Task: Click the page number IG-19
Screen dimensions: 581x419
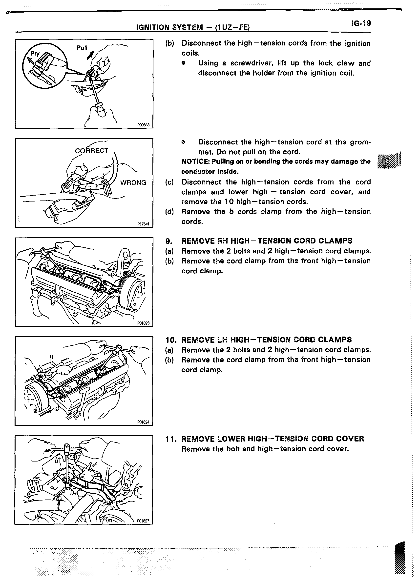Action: [x=361, y=23]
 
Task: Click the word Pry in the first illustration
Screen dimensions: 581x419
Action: [x=35, y=54]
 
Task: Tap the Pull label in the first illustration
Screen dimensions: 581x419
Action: [x=82, y=48]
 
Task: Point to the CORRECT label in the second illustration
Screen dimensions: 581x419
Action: [x=91, y=151]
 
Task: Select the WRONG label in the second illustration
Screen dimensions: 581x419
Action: [x=133, y=183]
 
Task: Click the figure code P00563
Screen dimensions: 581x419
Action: [x=143, y=125]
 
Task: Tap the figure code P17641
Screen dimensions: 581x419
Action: [x=143, y=224]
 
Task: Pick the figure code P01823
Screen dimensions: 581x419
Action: [x=143, y=323]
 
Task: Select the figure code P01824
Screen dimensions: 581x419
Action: [x=143, y=422]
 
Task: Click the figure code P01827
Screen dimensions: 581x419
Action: [x=143, y=521]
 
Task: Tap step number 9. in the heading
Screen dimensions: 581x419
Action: [x=169, y=241]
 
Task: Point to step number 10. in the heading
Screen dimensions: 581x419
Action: [x=170, y=340]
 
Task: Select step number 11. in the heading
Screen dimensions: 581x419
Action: [x=170, y=439]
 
